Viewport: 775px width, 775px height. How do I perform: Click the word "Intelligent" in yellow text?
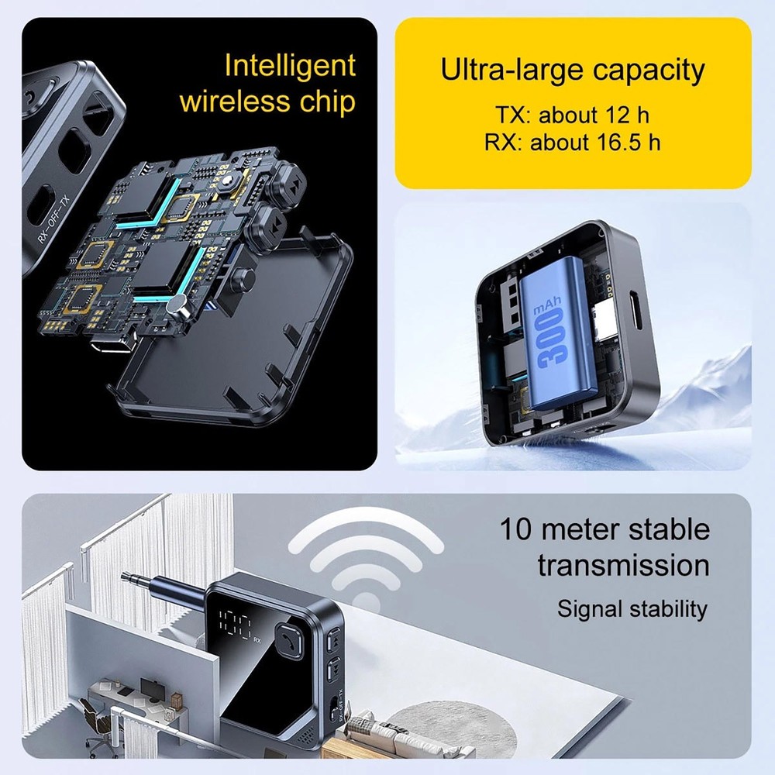289,66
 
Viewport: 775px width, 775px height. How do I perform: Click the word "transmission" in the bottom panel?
623,565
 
